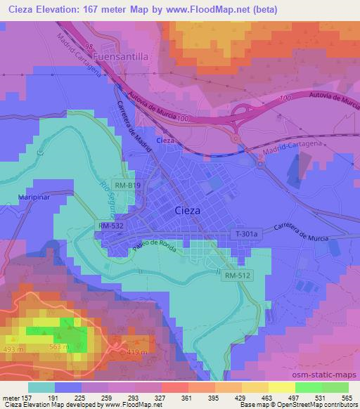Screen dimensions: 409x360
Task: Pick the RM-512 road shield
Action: pyautogui.click(x=238, y=277)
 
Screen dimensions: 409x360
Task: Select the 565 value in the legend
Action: pyautogui.click(x=347, y=399)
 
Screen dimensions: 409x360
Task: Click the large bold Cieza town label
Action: pyautogui.click(x=187, y=210)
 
